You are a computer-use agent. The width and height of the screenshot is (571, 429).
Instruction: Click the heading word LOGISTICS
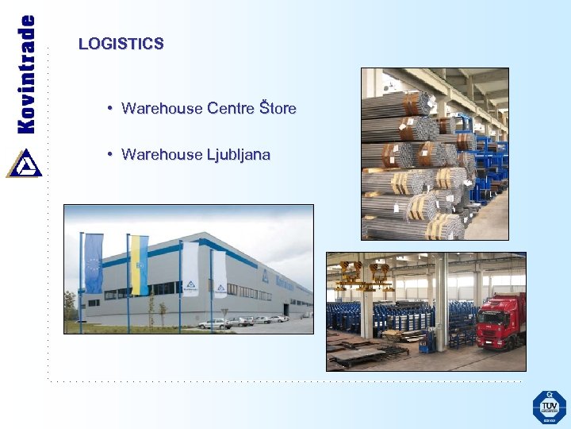[121, 44]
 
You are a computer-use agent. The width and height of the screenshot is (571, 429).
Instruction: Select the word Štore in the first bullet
[278, 108]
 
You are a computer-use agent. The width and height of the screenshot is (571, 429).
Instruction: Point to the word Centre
[231, 108]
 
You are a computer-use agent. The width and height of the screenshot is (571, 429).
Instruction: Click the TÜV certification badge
[549, 408]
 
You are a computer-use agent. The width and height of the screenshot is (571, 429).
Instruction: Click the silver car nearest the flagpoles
[213, 323]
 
